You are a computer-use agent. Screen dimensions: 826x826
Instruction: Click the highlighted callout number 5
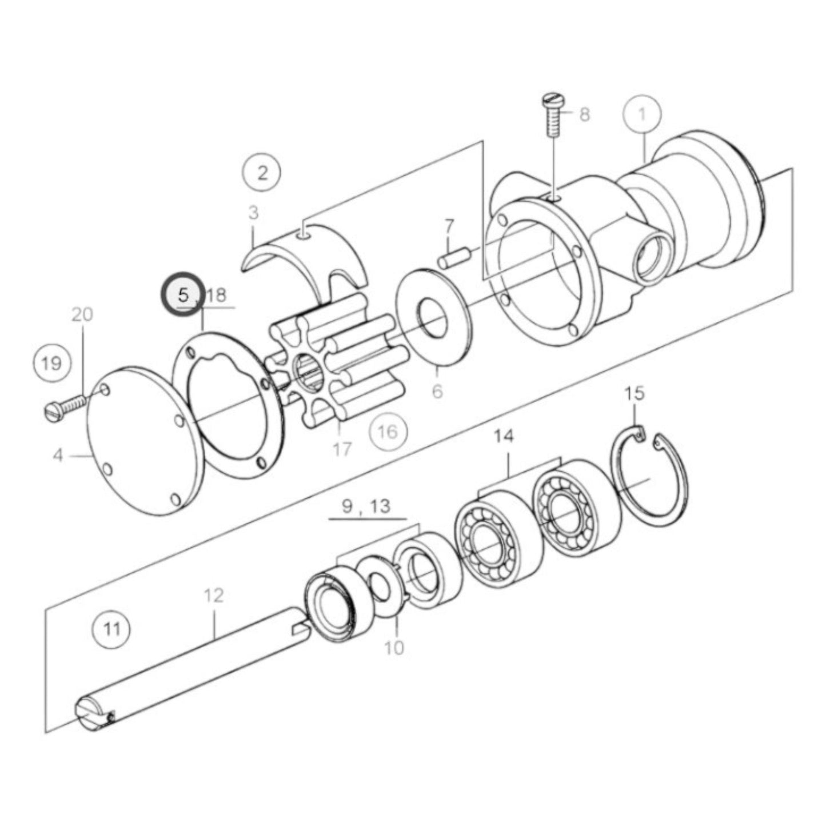tap(183, 295)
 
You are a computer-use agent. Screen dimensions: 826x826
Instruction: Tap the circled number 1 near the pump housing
tap(642, 114)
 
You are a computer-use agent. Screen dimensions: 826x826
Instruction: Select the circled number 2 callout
tap(262, 173)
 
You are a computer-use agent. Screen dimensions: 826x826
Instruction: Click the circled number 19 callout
tap(51, 363)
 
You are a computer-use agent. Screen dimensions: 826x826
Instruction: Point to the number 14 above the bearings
tap(504, 436)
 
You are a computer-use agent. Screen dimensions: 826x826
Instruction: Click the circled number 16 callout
tap(388, 432)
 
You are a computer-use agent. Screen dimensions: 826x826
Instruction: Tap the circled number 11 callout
tap(111, 629)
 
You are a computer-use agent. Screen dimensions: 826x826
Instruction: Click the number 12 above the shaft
tap(214, 596)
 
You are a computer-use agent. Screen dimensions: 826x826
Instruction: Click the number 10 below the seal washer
tap(394, 647)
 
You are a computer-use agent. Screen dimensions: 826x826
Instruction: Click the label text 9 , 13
tap(365, 506)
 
